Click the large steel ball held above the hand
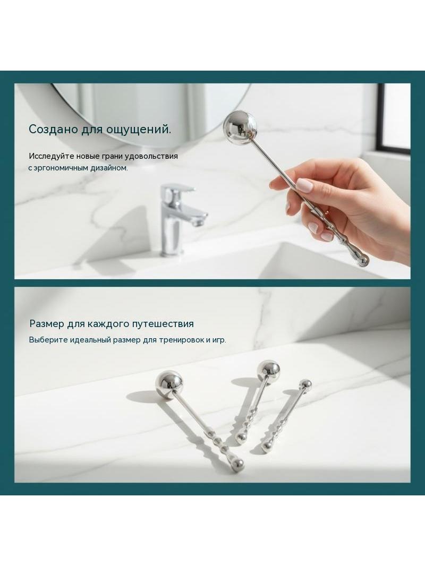240,127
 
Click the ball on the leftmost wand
169,385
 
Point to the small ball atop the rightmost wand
306,384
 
